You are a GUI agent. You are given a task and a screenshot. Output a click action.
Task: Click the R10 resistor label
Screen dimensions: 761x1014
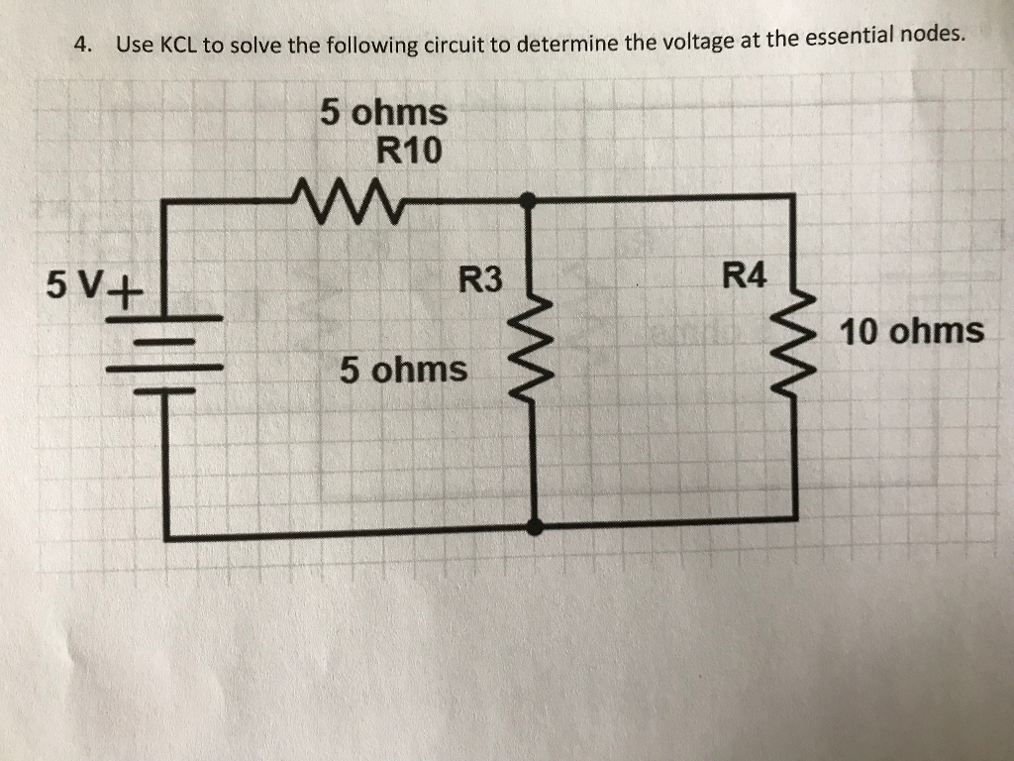(410, 151)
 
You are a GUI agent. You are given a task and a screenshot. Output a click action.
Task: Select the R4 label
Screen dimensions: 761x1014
(745, 275)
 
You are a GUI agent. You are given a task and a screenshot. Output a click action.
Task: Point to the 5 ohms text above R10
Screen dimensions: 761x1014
(383, 112)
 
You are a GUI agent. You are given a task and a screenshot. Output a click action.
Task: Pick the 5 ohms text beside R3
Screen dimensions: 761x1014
(403, 370)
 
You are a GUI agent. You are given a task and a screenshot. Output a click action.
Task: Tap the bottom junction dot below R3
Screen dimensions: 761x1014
(536, 527)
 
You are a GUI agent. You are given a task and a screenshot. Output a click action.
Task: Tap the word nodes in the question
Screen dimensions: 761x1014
(931, 35)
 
